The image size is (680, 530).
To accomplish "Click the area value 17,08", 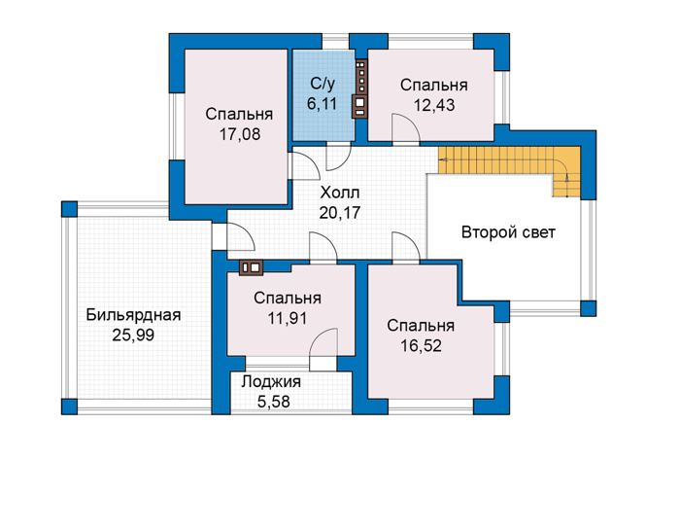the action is [239, 134].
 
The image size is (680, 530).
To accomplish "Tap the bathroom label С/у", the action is [323, 84].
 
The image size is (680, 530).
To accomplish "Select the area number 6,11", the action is [322, 104].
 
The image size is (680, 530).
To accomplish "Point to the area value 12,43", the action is [434, 105].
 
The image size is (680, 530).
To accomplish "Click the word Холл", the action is [340, 193].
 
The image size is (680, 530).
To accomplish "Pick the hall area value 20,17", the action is [340, 213].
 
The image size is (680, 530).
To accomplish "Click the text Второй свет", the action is [508, 232].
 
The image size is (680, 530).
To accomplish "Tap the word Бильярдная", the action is [133, 315].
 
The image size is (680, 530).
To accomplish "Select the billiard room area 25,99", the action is [133, 336].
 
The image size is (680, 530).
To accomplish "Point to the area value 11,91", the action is [288, 318].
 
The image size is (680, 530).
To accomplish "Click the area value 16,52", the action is [421, 345].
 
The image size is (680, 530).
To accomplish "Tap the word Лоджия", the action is [271, 381].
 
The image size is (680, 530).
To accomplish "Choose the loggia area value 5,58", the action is [273, 402].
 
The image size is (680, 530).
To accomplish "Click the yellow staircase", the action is [512, 160].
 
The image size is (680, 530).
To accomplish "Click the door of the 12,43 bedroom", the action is [405, 129].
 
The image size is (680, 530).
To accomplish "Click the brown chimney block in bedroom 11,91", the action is [251, 267].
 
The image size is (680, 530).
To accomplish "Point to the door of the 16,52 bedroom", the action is [405, 247].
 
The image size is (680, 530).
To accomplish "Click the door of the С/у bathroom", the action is [338, 157].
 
